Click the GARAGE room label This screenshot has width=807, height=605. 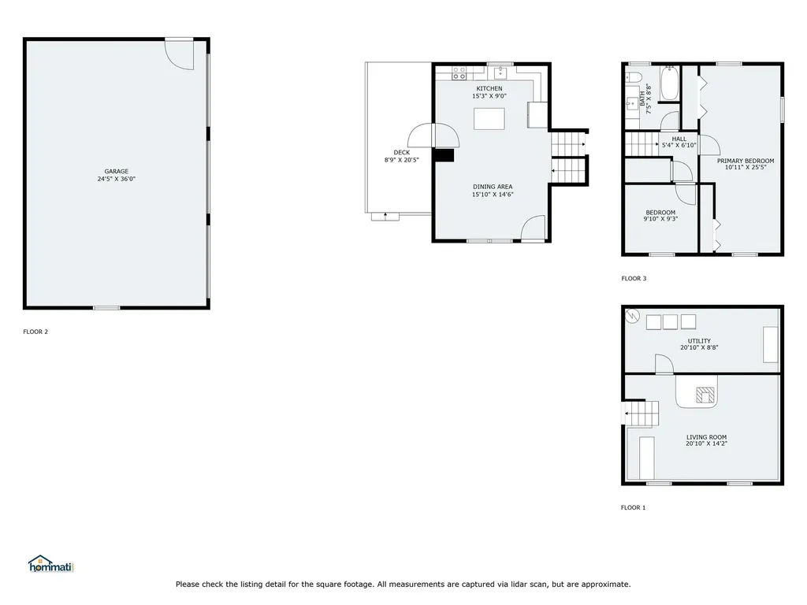click(117, 171)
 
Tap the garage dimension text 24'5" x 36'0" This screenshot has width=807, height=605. click(117, 179)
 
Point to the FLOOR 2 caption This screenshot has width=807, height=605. click(35, 332)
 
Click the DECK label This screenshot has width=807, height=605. click(401, 152)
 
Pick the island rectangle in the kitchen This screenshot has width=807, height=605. click(489, 119)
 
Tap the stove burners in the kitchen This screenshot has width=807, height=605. click(459, 73)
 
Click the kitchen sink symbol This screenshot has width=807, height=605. click(500, 72)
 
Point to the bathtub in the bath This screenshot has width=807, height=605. click(670, 82)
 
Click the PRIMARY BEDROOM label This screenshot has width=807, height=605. click(746, 161)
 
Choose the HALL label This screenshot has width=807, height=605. click(679, 139)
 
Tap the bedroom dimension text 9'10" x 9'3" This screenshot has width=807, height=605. click(660, 219)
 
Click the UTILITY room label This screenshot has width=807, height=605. click(699, 341)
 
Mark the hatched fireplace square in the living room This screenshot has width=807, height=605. click(705, 395)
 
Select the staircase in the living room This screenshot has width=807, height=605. click(642, 413)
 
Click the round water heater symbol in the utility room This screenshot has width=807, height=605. click(632, 315)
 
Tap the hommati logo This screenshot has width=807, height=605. click(51, 564)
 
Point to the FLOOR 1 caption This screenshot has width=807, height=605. click(633, 507)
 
